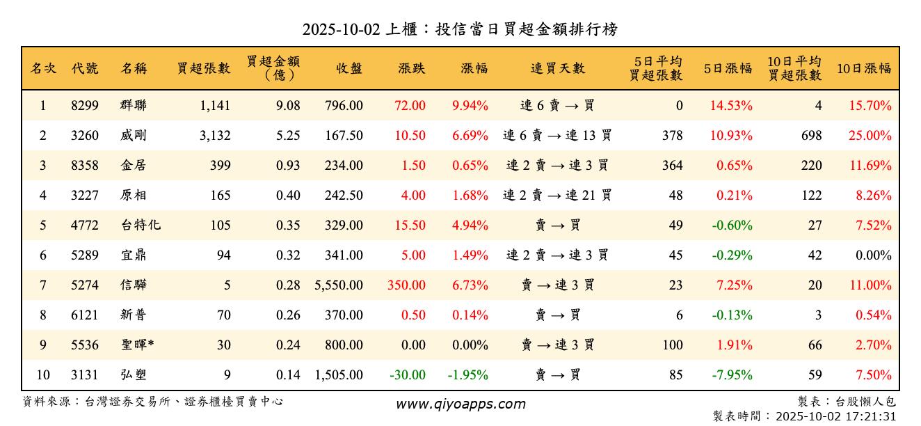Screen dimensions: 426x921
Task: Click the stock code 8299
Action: (85, 106)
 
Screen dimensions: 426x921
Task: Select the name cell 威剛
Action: (133, 136)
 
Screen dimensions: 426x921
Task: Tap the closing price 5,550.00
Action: (339, 285)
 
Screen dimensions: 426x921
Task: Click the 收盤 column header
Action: (349, 69)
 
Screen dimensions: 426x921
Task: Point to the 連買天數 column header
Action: (557, 69)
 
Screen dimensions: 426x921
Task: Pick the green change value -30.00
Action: (407, 375)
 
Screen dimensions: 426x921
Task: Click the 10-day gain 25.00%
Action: (870, 136)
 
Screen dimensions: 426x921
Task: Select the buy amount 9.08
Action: (288, 106)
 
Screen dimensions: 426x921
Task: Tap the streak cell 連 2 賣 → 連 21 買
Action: (557, 196)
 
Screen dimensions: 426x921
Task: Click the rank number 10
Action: (43, 375)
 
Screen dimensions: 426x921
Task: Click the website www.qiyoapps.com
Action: (460, 404)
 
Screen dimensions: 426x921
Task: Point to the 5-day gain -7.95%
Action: (732, 375)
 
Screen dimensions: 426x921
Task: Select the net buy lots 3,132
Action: (214, 136)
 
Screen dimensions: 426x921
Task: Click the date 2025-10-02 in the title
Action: (341, 30)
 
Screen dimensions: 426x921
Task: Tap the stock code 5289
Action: (85, 255)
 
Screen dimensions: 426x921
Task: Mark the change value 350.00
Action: (407, 285)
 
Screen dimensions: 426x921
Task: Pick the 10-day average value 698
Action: (810, 136)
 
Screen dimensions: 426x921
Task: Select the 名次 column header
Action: (43, 69)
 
